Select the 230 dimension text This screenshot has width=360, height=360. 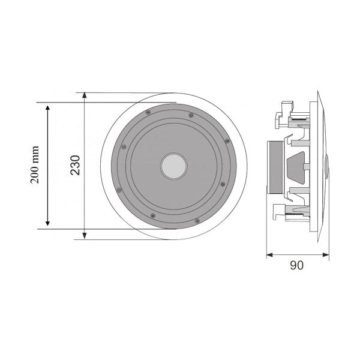coord(75,165)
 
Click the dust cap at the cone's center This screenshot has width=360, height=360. coord(173,166)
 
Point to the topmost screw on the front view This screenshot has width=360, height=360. coord(191,115)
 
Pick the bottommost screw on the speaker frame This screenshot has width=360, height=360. coord(155,216)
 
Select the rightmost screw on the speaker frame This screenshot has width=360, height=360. coord(227,140)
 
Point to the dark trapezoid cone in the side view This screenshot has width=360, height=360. coord(298,166)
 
